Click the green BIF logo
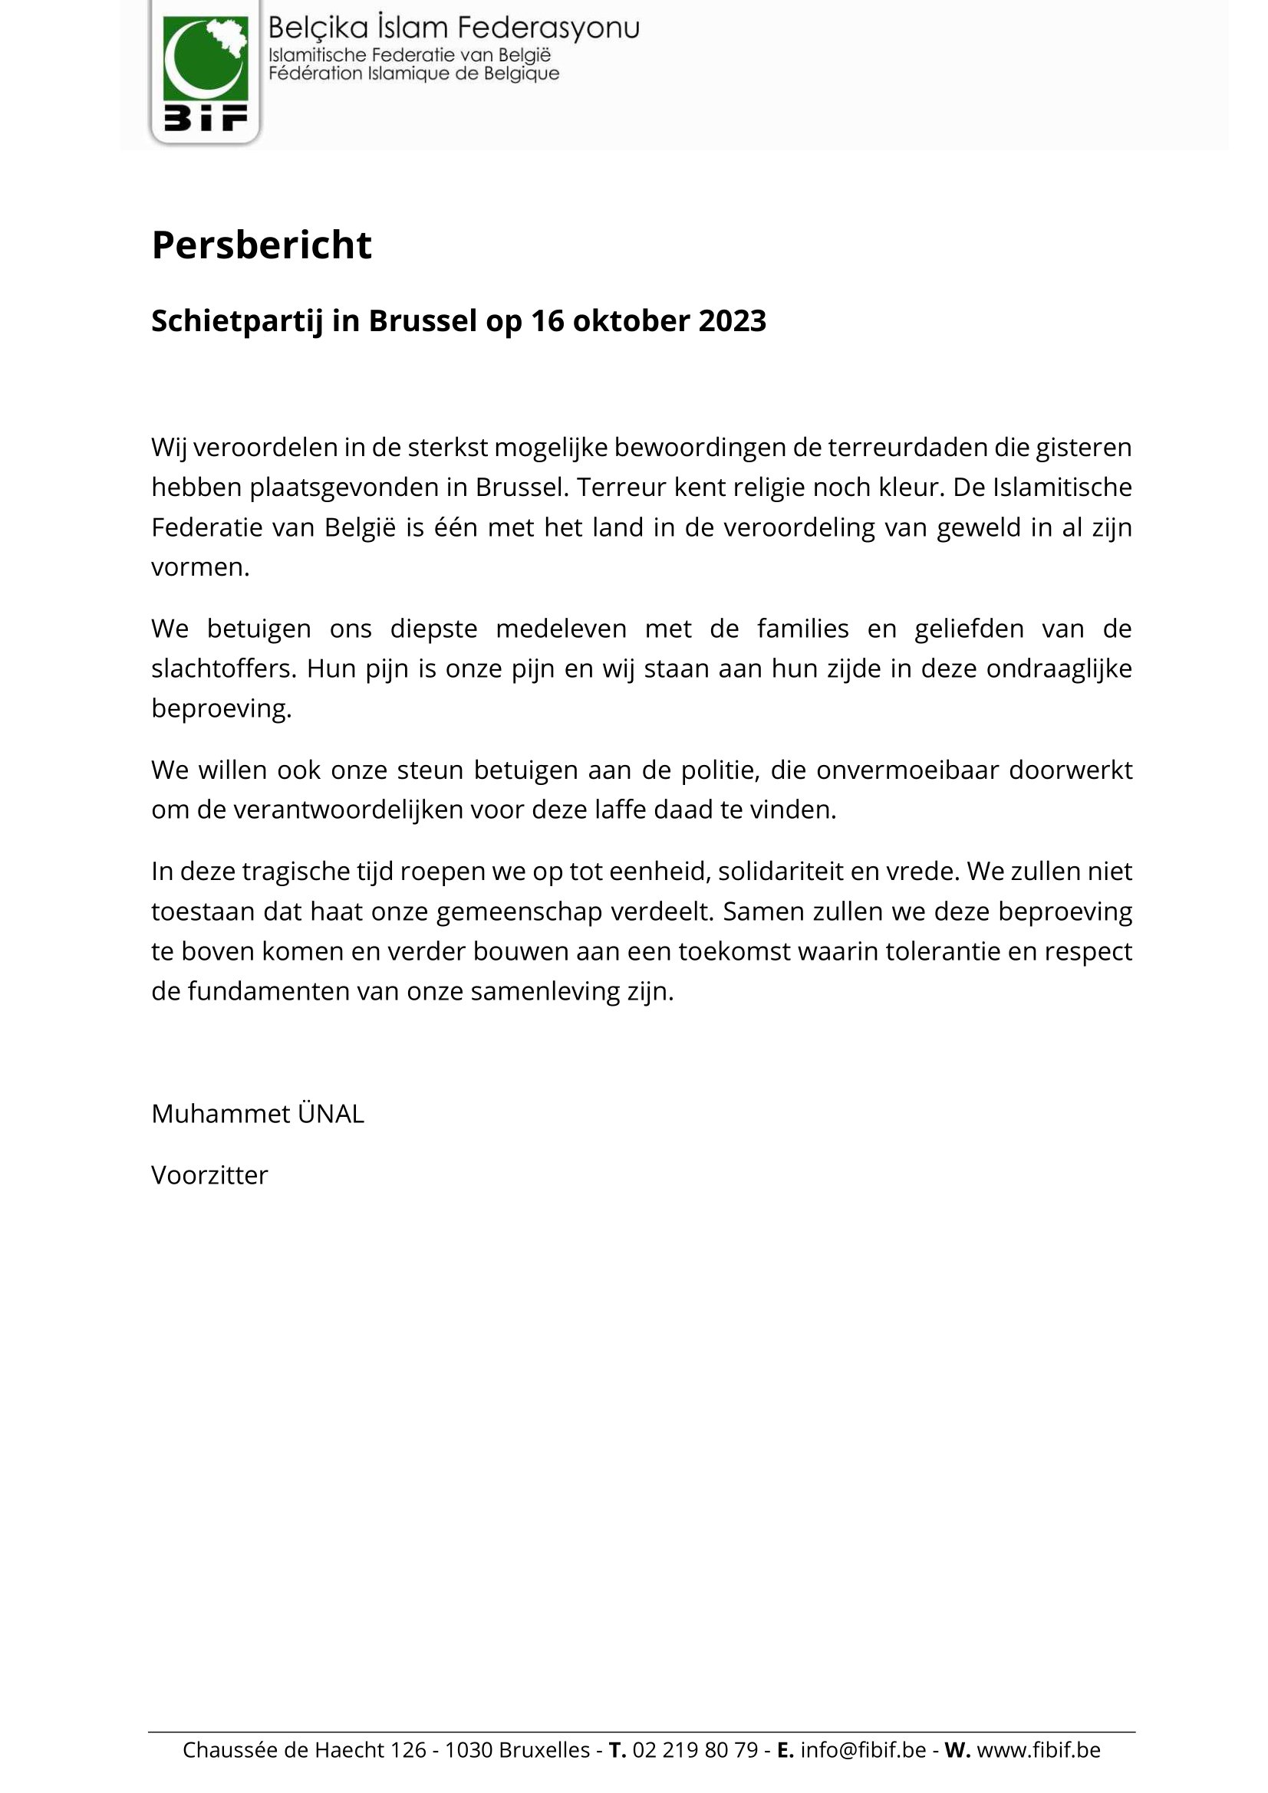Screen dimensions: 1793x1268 pyautogui.click(x=205, y=72)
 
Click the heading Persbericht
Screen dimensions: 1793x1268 pyautogui.click(x=261, y=245)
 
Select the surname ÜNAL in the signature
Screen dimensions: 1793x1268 pyautogui.click(x=331, y=1114)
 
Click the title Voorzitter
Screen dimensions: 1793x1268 pyautogui.click(x=209, y=1175)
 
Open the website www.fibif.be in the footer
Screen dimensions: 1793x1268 pyautogui.click(x=1039, y=1750)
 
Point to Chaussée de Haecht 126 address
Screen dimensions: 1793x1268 pyautogui.click(x=305, y=1750)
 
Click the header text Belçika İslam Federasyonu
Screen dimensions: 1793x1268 pyautogui.click(x=453, y=28)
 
